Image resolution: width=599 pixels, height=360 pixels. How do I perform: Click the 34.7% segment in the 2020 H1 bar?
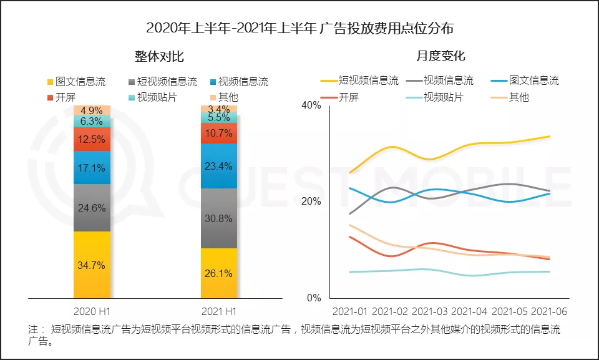coord(92,265)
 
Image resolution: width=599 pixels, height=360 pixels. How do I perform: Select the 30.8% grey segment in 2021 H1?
coord(218,218)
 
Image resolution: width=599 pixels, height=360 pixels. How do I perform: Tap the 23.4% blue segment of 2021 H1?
coord(218,166)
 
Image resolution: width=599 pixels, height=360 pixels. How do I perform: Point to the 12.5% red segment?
coord(92,139)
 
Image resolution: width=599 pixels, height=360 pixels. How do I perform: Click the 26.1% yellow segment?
coord(218,273)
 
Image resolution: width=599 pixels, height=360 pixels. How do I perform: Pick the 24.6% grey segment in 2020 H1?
coord(92,208)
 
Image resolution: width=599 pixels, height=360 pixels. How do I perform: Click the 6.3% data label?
coord(92,122)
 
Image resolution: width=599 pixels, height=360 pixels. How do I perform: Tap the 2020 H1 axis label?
coord(92,310)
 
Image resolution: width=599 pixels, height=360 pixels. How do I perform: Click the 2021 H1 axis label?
coord(218,310)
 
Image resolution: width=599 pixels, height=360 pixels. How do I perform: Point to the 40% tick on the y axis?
coord(311,105)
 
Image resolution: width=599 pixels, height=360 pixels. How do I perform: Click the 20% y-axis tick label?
coord(311,202)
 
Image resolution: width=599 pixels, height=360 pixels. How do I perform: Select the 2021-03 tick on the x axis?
coord(430,311)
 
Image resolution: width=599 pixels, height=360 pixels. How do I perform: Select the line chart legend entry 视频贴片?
coord(443,97)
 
